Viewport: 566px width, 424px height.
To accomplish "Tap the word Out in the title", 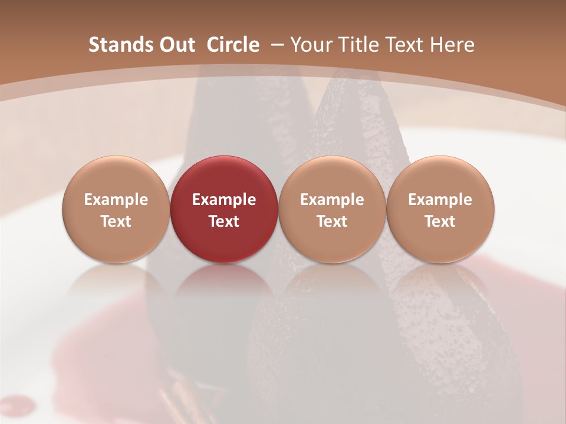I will (175, 45).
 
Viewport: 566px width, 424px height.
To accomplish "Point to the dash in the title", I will (275, 45).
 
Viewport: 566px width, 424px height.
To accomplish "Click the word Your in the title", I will (310, 45).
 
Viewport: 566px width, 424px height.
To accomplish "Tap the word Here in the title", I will (453, 45).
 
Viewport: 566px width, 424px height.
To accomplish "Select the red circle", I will (224, 208).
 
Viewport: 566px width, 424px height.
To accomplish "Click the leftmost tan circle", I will (116, 208).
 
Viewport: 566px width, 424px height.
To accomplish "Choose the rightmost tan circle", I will (440, 208).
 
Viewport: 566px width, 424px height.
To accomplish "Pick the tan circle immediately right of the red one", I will (332, 208).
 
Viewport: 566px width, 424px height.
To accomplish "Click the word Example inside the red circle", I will (224, 200).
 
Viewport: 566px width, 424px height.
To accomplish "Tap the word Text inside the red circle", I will (224, 221).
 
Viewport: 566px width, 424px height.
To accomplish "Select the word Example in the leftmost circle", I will (116, 200).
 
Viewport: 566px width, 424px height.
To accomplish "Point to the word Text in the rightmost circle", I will (440, 221).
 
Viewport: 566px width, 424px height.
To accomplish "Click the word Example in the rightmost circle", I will (440, 200).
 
